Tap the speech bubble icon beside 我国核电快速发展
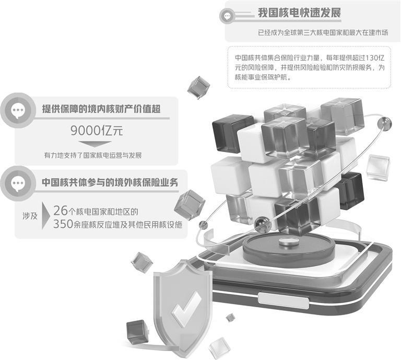[x=227, y=16]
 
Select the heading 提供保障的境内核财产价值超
[x=101, y=109]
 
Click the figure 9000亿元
[x=97, y=130]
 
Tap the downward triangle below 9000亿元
[x=97, y=144]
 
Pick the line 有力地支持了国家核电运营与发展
[x=93, y=155]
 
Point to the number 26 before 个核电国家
[x=61, y=211]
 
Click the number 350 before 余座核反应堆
[x=64, y=225]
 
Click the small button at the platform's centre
[x=287, y=241]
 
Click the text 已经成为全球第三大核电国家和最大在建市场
[x=323, y=32]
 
